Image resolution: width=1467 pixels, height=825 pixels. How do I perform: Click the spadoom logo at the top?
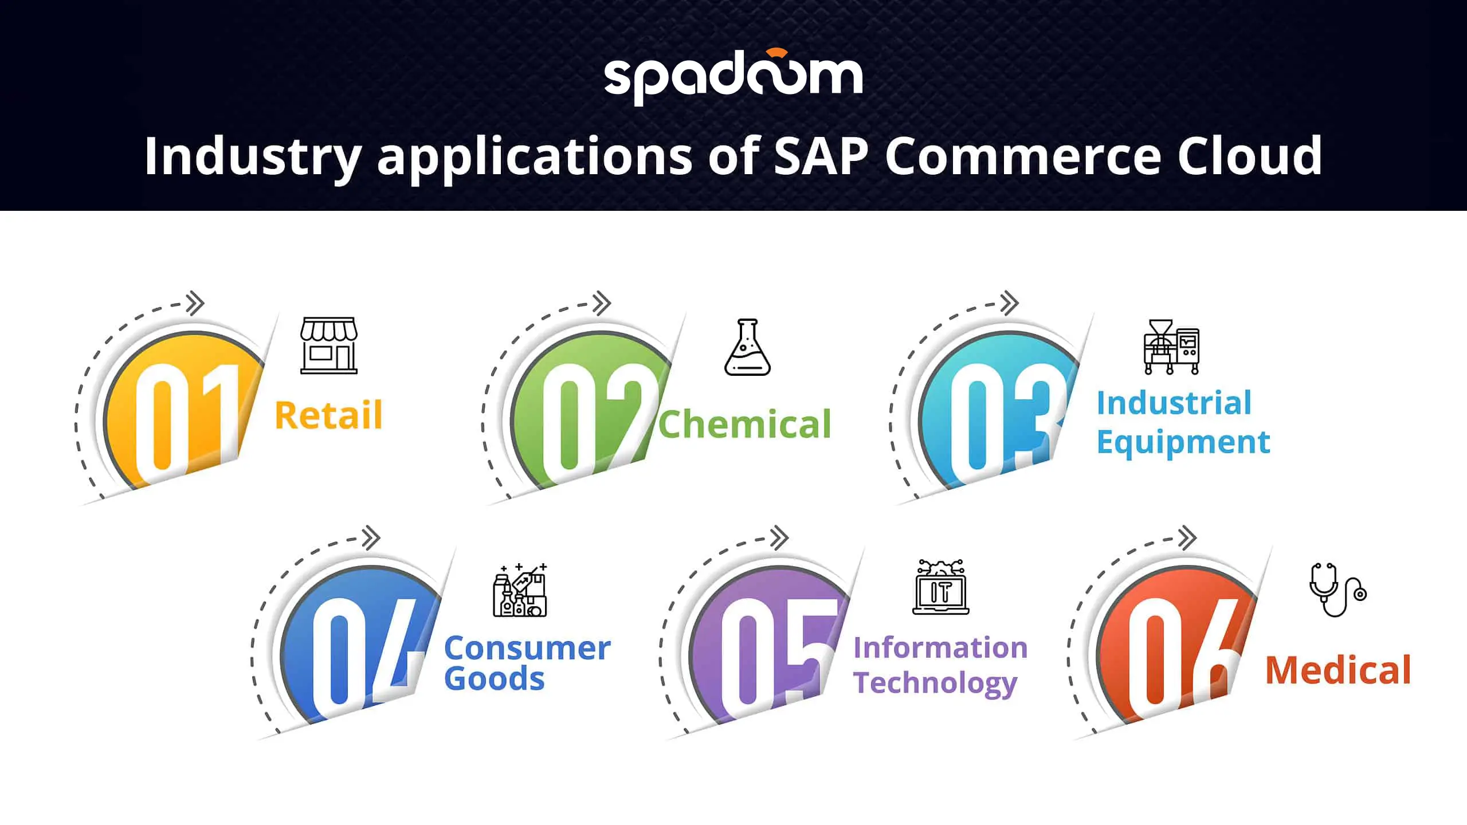[733, 77]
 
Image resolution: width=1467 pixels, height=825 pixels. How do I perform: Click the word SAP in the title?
[822, 155]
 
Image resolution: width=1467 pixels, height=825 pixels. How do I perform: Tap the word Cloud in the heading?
[1249, 155]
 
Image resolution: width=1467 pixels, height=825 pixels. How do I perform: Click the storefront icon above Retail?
[329, 345]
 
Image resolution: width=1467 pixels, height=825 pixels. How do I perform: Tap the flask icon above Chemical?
[747, 347]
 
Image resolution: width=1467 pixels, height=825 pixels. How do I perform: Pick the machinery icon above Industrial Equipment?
[1171, 347]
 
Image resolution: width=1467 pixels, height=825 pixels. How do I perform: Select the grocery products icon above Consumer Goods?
[520, 590]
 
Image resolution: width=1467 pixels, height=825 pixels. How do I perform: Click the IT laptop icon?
[940, 587]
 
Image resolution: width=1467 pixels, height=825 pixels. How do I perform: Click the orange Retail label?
[328, 415]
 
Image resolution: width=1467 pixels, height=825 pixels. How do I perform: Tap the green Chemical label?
[744, 424]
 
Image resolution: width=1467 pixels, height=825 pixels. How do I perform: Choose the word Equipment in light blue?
[1183, 443]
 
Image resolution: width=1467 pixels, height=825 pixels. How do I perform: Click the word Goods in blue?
[494, 679]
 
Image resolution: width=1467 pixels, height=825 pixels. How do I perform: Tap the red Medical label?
[1338, 670]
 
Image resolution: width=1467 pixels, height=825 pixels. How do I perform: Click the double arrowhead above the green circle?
[602, 303]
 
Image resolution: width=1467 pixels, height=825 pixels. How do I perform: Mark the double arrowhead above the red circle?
[1187, 537]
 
